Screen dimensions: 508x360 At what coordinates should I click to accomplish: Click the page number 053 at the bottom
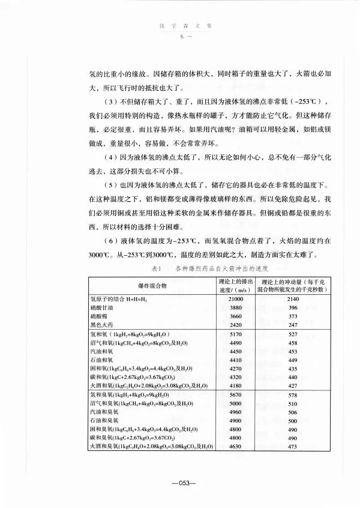pos(180,483)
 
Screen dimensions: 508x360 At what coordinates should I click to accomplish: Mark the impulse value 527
pos(293,333)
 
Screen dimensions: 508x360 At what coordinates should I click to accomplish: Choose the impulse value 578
pos(293,396)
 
